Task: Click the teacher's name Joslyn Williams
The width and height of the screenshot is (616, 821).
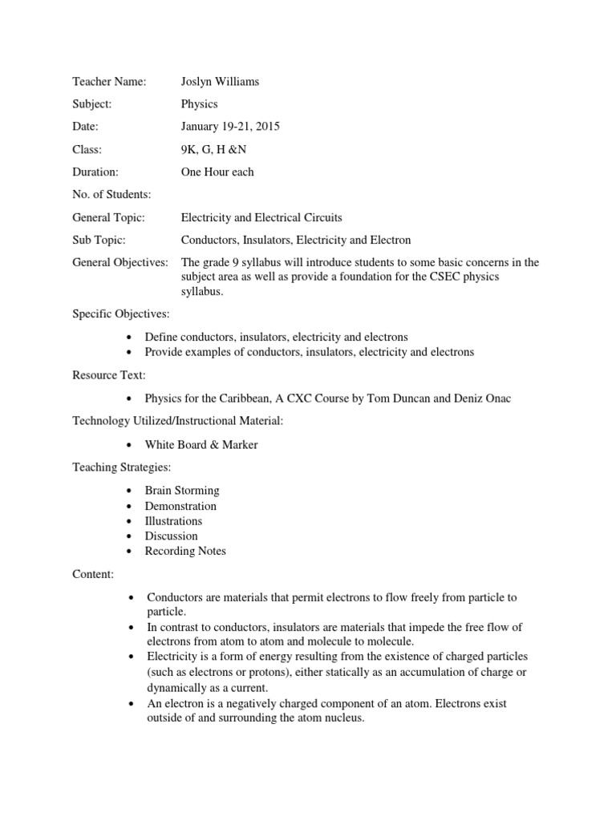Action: click(220, 82)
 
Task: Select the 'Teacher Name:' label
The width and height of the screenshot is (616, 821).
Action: click(109, 82)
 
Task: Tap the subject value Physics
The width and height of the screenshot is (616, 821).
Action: click(200, 104)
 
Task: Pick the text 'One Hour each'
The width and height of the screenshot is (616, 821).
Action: click(218, 172)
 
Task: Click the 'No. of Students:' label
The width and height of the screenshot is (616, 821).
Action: click(111, 194)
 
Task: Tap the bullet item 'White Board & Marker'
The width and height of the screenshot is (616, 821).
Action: click(201, 444)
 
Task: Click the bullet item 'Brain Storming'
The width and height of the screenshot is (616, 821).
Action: click(182, 491)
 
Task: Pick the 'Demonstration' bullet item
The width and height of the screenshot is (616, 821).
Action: click(180, 506)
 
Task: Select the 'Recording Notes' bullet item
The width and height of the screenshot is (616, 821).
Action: click(185, 551)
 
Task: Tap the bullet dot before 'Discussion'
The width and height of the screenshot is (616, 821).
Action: click(130, 536)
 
